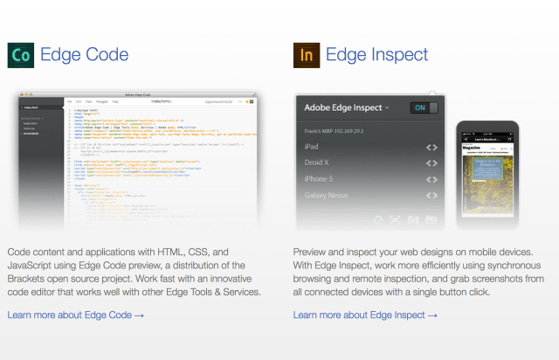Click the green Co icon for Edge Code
pos(21,56)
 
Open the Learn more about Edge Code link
pos(75,315)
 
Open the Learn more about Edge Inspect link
pos(365,315)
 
